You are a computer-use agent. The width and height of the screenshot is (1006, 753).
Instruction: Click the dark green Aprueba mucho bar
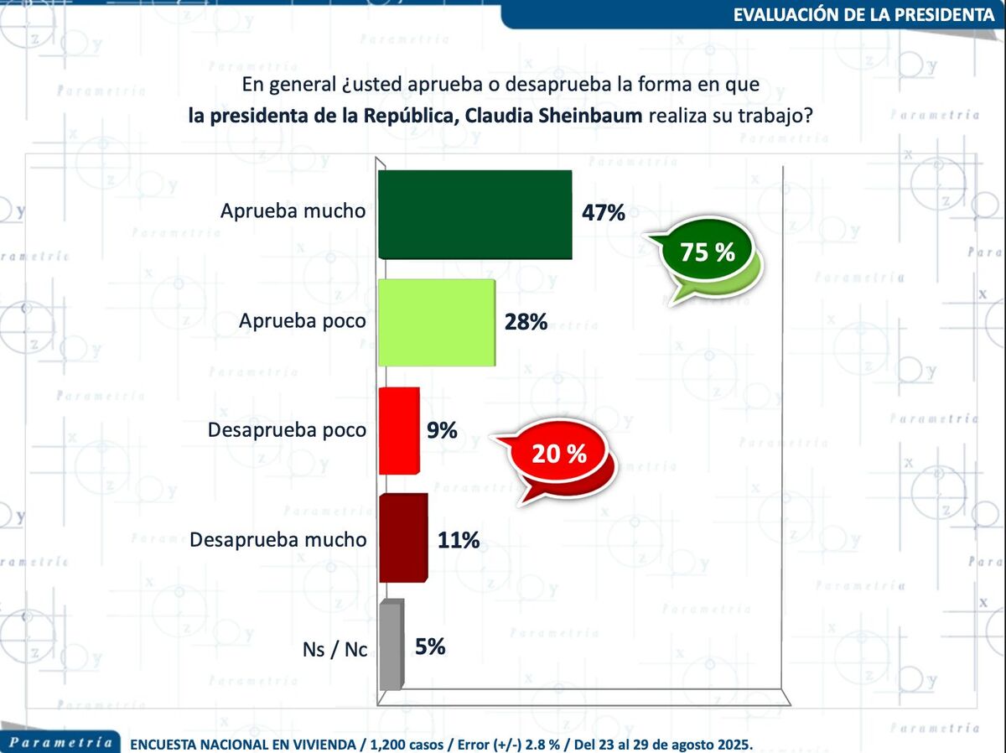click(x=474, y=214)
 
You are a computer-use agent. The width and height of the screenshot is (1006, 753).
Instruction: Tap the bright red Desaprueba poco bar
click(x=398, y=430)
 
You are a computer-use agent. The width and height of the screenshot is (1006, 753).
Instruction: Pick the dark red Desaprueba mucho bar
click(x=402, y=537)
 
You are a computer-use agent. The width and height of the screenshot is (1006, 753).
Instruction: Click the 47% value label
click(x=604, y=213)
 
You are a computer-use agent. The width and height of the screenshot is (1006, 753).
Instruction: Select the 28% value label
click(x=526, y=321)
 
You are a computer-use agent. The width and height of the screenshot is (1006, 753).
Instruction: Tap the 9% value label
click(x=442, y=431)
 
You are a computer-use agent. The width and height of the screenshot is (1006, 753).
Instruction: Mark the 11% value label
click(x=459, y=540)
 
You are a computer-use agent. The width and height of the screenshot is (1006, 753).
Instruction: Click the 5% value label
click(x=430, y=647)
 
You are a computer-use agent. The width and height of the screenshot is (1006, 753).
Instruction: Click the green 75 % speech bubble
click(x=707, y=252)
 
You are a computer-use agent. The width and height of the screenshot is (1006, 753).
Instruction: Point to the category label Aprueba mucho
click(x=293, y=211)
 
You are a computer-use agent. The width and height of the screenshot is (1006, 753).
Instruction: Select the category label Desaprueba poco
click(x=286, y=430)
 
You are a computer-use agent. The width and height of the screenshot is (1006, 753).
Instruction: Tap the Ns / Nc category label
click(x=334, y=650)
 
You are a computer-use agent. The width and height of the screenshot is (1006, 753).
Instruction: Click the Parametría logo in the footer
click(x=60, y=742)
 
